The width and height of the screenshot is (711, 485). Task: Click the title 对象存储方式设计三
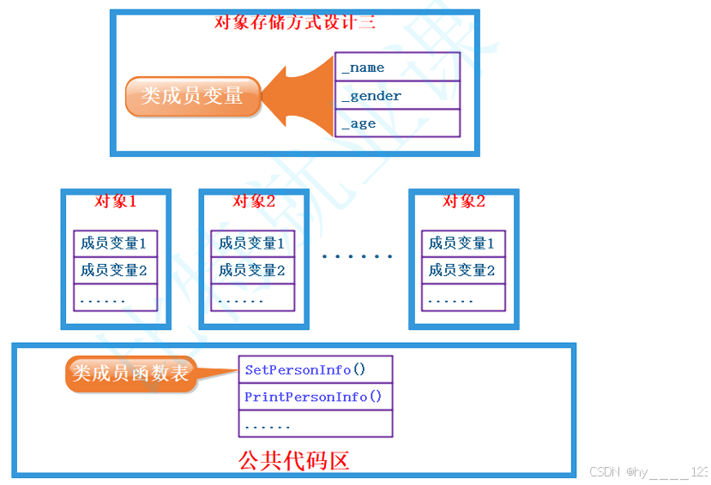(294, 22)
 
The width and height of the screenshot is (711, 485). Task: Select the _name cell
(397, 68)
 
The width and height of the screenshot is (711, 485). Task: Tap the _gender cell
(397, 96)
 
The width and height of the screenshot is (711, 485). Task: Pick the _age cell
(397, 123)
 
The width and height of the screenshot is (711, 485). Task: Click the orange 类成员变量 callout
(192, 96)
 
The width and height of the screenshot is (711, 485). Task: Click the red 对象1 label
(115, 201)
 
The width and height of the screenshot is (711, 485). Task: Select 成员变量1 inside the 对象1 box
(115, 243)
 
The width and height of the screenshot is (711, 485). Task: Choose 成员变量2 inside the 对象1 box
(115, 271)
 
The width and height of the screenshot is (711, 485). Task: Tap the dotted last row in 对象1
(115, 299)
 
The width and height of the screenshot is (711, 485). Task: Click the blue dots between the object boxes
(357, 256)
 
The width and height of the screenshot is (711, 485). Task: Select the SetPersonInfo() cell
(315, 370)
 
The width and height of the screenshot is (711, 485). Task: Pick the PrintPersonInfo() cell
(315, 397)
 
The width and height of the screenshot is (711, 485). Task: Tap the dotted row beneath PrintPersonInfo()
(315, 424)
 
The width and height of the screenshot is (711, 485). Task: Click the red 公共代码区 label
(293, 460)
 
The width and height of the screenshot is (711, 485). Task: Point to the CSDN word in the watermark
(605, 472)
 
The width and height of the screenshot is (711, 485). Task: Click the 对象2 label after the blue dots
(463, 201)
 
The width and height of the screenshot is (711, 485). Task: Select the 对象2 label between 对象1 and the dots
(253, 201)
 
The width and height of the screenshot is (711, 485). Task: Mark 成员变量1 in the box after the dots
(462, 243)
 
